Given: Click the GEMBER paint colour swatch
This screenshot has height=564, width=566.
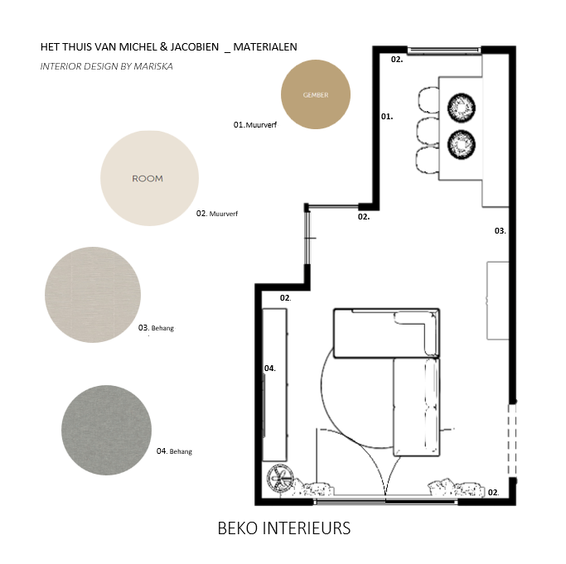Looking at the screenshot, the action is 316,94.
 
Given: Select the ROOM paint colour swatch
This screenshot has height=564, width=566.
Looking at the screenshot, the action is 149,178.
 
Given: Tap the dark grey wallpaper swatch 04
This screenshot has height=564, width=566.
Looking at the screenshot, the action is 106,430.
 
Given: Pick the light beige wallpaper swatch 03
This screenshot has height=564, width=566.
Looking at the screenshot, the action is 93,295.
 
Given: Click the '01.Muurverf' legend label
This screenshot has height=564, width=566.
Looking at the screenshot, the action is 255,125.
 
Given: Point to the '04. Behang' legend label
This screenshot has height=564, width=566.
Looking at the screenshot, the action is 174,451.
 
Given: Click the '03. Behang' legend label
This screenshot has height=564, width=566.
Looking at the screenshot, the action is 156,328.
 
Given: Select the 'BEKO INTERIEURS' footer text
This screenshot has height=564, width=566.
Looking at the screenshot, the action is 283,528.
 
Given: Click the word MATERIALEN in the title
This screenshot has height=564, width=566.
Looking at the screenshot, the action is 265,47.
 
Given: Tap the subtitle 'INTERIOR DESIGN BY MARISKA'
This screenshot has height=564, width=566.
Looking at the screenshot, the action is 106,66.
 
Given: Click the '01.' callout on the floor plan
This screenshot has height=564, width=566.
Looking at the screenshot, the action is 387,117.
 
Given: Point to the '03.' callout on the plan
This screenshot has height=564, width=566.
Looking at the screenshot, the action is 500,230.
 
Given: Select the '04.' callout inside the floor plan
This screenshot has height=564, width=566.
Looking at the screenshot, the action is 269,368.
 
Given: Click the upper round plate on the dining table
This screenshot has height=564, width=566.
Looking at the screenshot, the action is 462,108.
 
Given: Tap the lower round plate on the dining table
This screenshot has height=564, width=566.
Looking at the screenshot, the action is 462,144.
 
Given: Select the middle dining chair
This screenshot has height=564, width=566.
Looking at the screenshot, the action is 428,132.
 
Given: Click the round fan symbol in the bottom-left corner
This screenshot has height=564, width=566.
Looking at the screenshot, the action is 280,479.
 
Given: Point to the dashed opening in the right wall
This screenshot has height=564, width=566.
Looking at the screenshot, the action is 512,441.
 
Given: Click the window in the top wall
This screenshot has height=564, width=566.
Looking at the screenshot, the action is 444,51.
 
